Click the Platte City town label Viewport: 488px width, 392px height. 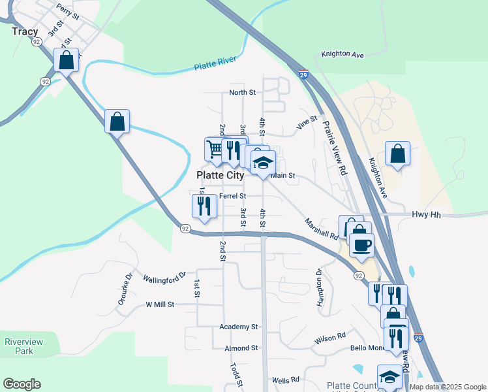(221, 175)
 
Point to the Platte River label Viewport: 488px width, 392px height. (215, 65)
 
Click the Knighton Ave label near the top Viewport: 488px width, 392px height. (342, 56)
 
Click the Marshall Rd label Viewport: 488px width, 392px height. (320, 229)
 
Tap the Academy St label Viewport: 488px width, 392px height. (239, 327)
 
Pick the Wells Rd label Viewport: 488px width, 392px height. (285, 380)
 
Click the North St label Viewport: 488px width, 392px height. (242, 93)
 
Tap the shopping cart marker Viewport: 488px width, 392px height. (215, 148)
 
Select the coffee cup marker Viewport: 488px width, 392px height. (361, 244)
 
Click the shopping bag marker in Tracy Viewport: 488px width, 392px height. (67, 61)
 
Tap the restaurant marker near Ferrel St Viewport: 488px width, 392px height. (204, 206)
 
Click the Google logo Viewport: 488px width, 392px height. (22, 384)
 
